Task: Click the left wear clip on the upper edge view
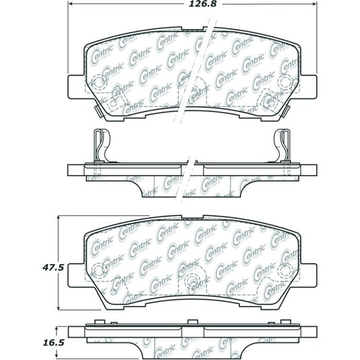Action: [100, 144]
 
